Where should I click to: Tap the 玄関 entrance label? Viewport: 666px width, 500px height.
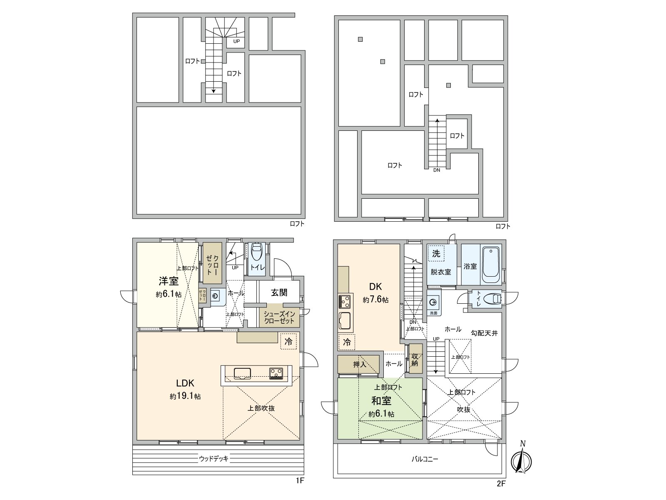(279, 292)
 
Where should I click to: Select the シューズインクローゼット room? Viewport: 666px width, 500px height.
(279, 317)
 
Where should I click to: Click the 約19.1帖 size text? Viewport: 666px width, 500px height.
(185, 397)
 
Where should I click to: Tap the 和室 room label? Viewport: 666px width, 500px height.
(381, 401)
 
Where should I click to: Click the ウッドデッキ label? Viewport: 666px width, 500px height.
(214, 459)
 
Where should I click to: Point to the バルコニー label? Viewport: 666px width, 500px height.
(425, 460)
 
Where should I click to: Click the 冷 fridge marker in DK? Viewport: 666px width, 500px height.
(347, 342)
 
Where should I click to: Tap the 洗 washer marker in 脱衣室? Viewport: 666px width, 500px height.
(436, 253)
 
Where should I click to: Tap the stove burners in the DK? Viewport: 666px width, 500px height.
(345, 300)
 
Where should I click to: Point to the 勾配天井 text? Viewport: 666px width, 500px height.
(484, 333)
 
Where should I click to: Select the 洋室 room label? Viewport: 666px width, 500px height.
(168, 280)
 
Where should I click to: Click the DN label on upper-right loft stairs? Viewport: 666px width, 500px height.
(436, 170)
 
